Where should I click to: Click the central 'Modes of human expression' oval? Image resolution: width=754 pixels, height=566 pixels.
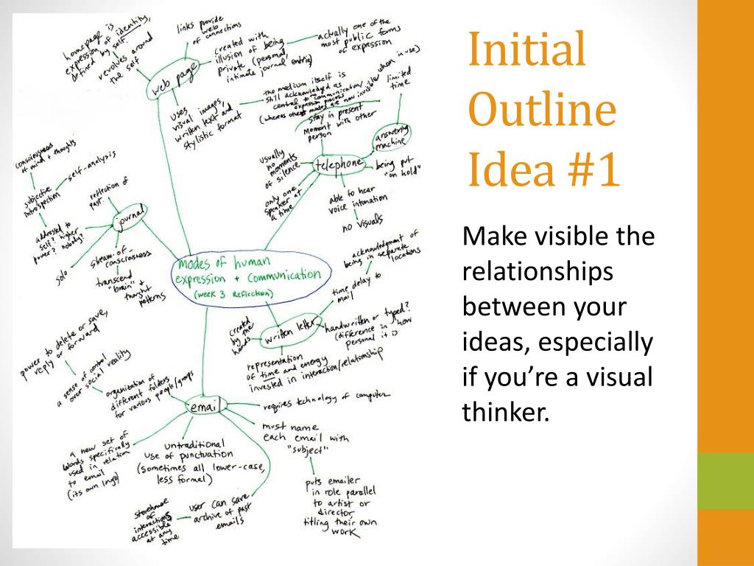247,276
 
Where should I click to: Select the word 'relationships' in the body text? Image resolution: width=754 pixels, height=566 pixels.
537,271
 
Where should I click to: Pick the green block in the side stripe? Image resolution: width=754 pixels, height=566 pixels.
725,481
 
